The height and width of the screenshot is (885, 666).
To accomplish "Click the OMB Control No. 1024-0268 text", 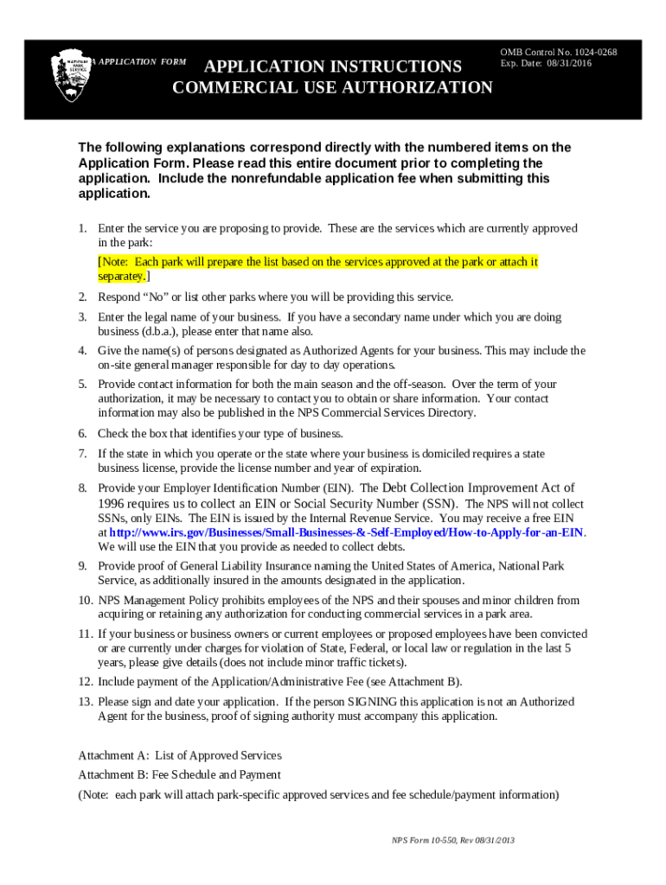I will [558, 52].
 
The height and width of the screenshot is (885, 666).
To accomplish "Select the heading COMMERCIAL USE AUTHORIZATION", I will [332, 87].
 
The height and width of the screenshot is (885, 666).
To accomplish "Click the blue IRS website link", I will [346, 532].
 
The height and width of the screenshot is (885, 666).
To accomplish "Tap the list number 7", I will [82, 453].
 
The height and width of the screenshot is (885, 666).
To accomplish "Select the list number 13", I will [85, 701].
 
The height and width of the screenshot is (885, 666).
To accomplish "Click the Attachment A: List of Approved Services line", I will [180, 755].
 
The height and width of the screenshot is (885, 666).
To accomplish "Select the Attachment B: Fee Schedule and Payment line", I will [179, 774].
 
